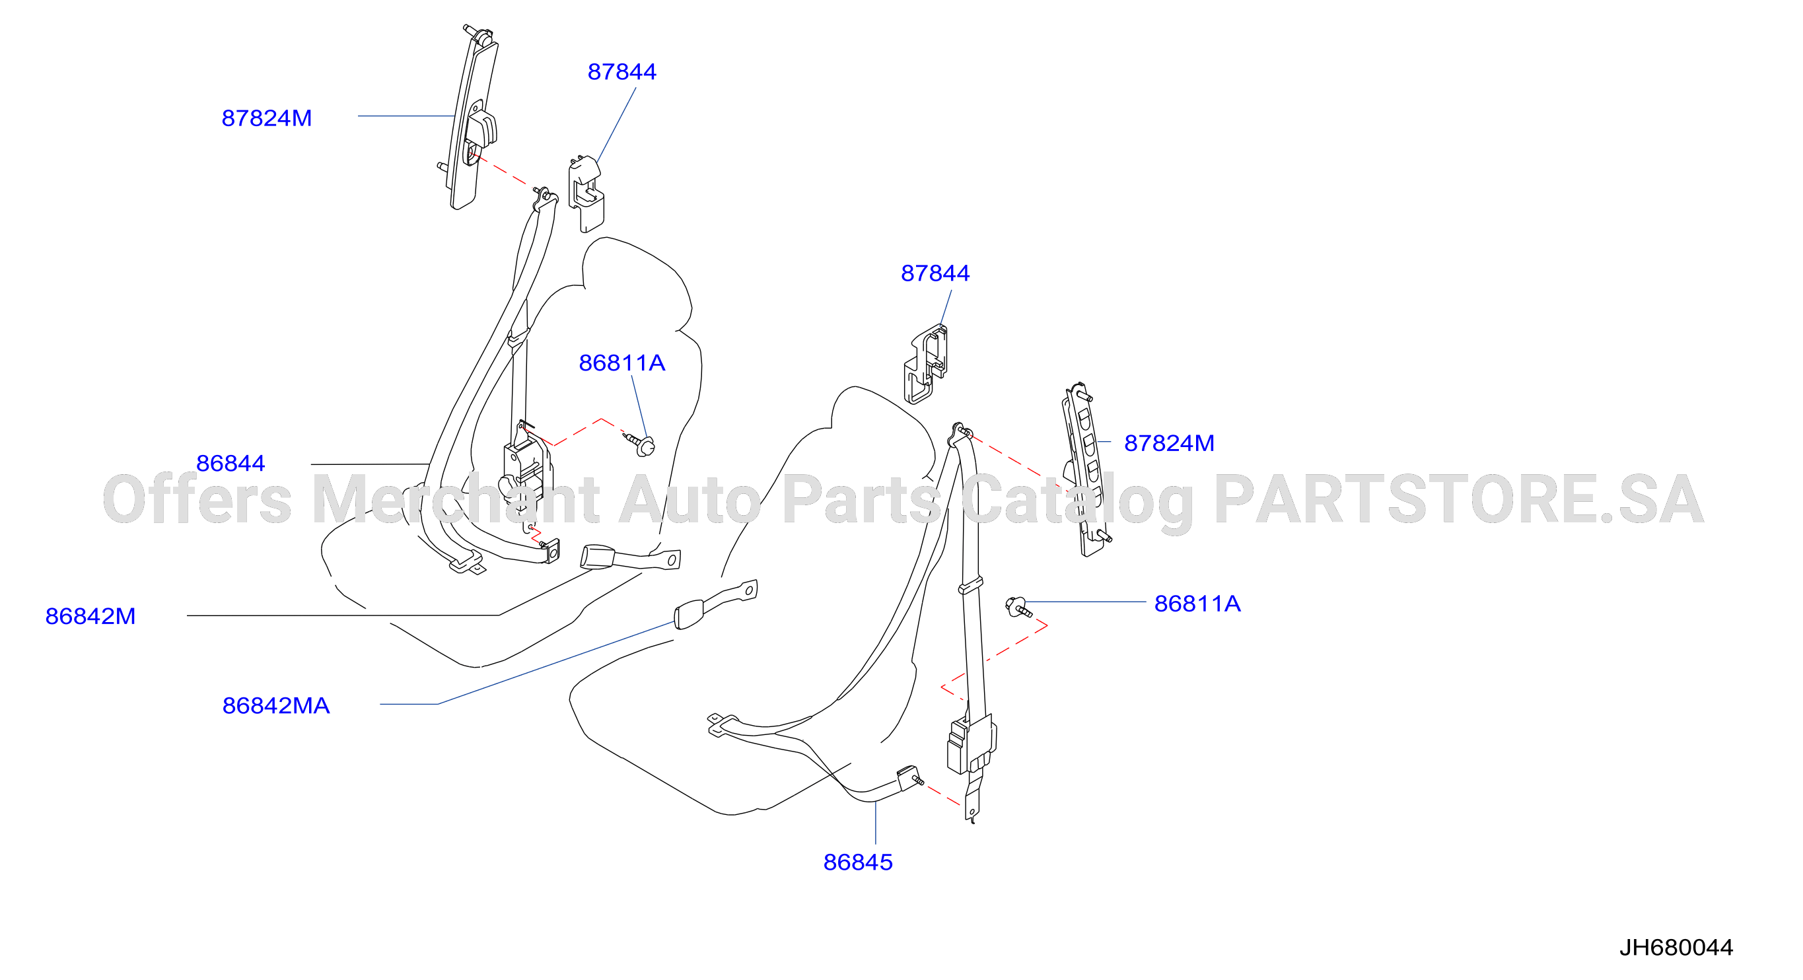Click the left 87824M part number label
[267, 118]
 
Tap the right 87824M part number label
[1169, 443]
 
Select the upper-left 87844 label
[621, 71]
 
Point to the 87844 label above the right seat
[935, 273]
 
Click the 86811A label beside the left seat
[621, 363]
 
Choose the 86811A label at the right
[1197, 604]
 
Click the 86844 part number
[230, 464]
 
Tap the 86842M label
[90, 616]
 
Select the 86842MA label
[276, 705]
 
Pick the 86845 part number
[858, 862]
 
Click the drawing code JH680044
[1676, 948]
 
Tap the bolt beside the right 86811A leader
[1018, 607]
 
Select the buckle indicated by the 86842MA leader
[715, 604]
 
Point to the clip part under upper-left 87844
[586, 193]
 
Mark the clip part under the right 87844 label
[926, 364]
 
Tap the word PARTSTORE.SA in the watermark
[1459, 499]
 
